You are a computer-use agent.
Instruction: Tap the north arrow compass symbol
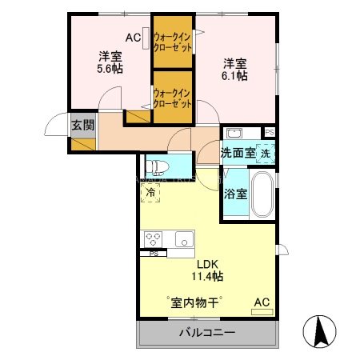tap(319, 330)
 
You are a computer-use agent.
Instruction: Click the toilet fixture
tap(158, 166)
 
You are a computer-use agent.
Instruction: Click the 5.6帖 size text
tap(110, 70)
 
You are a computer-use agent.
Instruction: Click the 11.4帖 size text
tap(206, 276)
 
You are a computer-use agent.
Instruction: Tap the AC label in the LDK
tap(261, 302)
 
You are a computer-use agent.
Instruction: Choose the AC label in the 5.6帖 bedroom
tap(133, 38)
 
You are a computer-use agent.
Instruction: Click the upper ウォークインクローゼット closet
tap(172, 42)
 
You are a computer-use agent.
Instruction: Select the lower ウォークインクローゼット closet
tap(172, 98)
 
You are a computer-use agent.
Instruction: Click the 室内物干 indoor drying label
tap(194, 302)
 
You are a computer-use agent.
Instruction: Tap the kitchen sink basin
tap(183, 239)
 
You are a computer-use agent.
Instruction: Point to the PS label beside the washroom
tap(270, 132)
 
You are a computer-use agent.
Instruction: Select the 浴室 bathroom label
tap(234, 193)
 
